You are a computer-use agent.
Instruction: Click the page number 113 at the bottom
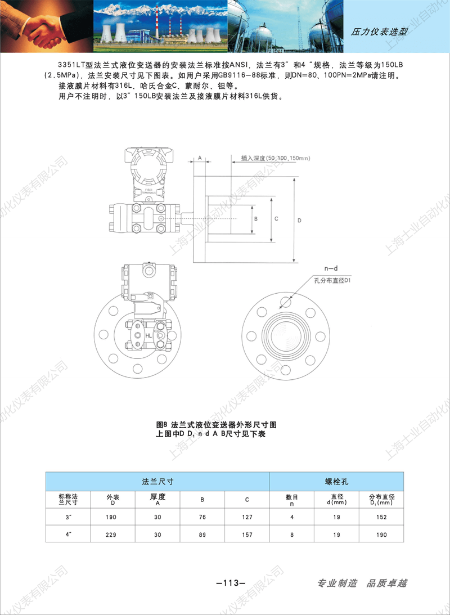click(231, 583)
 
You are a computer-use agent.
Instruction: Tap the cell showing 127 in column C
click(247, 517)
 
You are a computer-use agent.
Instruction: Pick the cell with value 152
click(382, 517)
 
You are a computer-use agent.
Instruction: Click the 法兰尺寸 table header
click(157, 482)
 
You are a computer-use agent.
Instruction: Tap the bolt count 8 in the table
click(292, 535)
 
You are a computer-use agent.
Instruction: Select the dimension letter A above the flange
click(200, 159)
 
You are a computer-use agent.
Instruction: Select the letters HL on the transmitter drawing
click(148, 336)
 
